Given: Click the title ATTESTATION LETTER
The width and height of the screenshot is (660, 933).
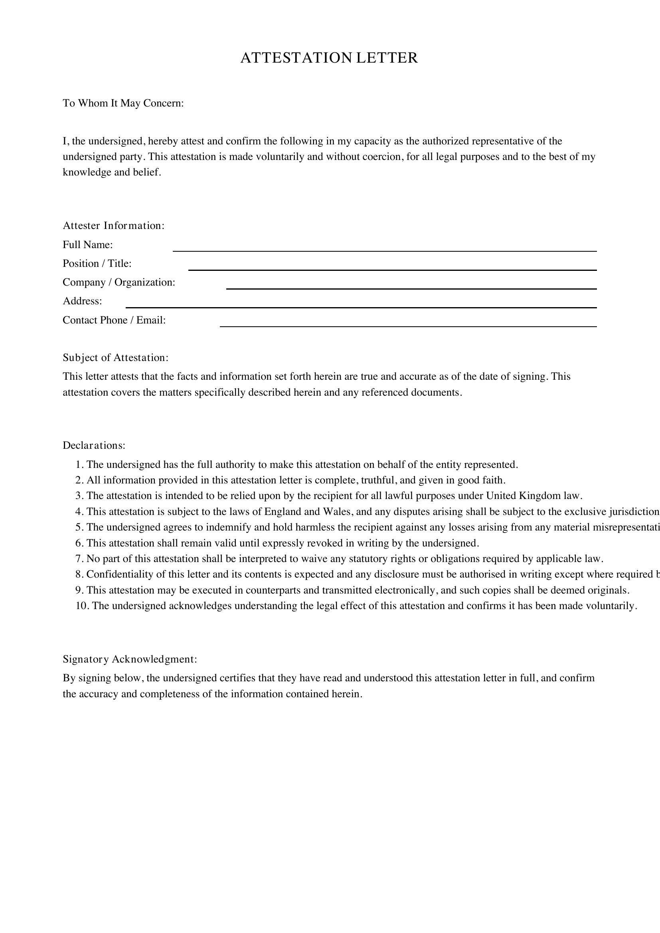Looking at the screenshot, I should [329, 58].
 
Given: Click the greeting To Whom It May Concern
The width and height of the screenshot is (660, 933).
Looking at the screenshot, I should [123, 103].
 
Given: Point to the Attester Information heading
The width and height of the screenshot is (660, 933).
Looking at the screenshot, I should [113, 225].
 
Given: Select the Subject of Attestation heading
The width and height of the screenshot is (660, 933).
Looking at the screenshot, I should [115, 357].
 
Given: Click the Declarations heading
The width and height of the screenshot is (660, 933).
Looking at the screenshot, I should [94, 446].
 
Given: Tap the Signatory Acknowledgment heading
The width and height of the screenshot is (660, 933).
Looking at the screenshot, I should [130, 659].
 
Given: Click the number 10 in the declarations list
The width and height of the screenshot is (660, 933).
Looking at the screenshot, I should [81, 606].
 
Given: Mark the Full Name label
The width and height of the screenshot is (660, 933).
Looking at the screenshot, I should [87, 245].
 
